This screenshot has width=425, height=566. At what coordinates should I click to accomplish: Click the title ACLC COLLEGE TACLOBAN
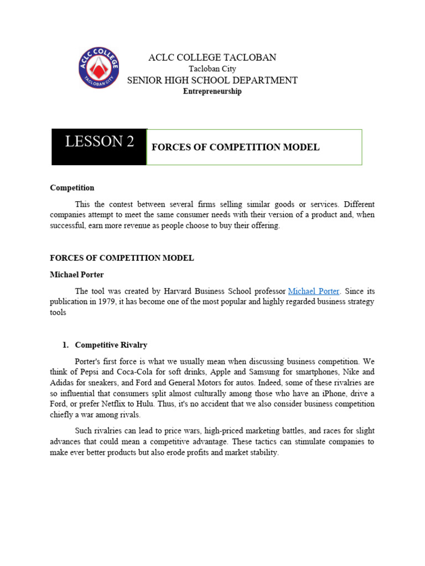212,57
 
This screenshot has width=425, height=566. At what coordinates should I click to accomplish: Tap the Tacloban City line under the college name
212,69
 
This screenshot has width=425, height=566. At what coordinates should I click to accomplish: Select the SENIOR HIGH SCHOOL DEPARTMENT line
212,80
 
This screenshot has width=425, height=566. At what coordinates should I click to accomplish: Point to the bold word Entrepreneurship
212,92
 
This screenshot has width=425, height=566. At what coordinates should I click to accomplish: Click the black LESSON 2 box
99,147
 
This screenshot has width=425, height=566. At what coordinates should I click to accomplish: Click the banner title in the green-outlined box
235,148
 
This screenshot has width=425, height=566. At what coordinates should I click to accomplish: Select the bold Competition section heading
72,188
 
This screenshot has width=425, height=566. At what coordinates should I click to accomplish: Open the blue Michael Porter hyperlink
314,291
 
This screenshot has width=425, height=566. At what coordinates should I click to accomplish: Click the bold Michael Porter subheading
77,275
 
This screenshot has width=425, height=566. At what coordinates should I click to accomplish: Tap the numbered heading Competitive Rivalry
111,345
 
